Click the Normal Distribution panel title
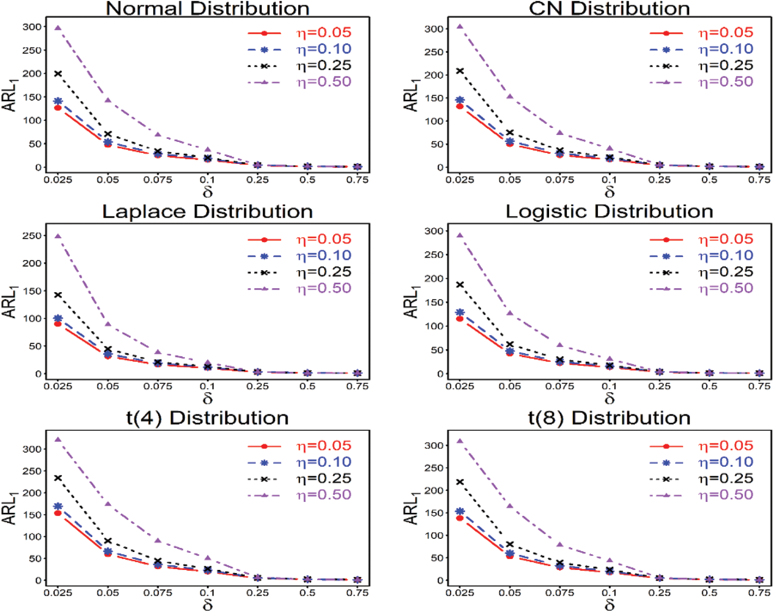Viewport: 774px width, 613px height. click(207, 9)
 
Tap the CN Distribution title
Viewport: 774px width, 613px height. click(609, 9)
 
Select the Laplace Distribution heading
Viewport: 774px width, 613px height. click(207, 212)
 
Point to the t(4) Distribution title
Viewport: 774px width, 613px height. click(207, 418)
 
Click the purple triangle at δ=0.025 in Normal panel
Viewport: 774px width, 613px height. click(58, 28)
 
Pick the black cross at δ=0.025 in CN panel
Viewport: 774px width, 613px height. click(460, 71)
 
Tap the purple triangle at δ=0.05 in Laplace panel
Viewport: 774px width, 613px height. click(108, 324)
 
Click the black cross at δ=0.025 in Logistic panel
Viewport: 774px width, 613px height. click(460, 284)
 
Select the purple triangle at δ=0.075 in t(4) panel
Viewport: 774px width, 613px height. click(158, 540)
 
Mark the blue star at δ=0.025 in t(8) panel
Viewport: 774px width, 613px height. click(460, 511)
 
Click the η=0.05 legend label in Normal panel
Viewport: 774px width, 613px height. click(324, 33)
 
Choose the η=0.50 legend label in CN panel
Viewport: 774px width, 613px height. click(726, 82)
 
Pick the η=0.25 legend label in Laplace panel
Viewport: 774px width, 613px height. click(324, 272)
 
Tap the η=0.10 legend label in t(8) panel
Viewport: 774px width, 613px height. click(726, 462)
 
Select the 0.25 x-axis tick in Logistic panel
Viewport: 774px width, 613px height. click(659, 386)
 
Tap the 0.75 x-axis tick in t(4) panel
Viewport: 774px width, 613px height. click(357, 593)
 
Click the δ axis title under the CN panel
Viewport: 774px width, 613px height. click(609, 191)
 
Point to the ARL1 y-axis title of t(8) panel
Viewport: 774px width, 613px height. click(411, 508)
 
